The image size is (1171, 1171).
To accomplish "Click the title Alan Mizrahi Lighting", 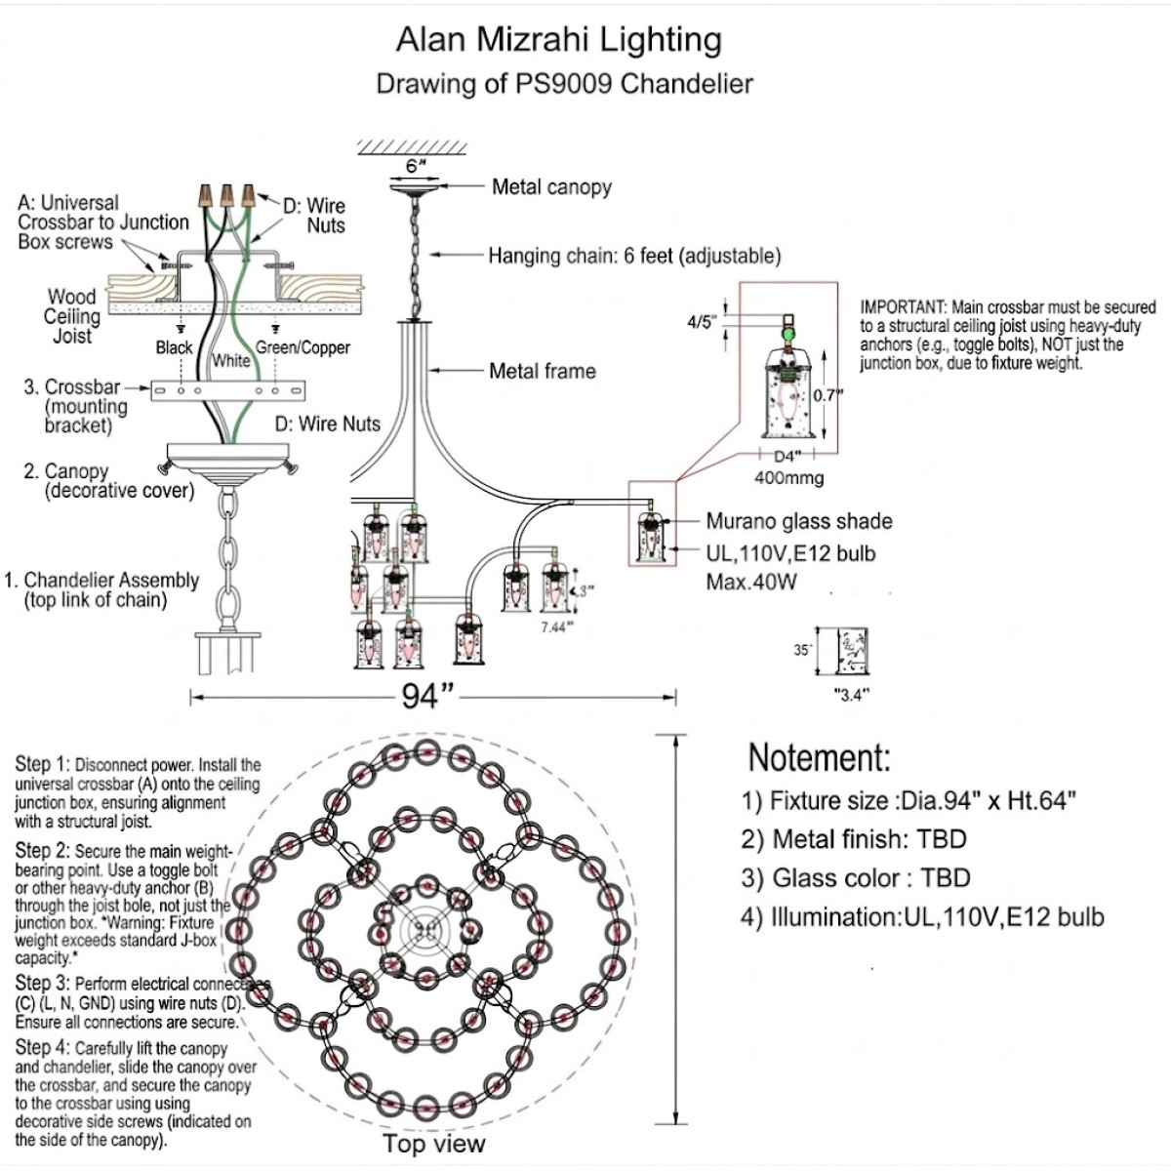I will tap(558, 40).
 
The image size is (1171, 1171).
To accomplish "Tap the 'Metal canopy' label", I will tap(551, 186).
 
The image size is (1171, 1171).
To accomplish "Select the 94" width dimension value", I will tap(428, 696).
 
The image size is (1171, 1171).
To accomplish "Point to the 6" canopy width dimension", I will tap(417, 166).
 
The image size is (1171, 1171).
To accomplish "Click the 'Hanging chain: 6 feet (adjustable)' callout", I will tap(634, 256).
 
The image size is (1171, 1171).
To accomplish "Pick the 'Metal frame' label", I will tap(542, 371).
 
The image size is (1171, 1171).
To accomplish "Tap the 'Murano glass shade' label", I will tap(798, 521).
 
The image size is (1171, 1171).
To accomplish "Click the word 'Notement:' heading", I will tap(819, 758).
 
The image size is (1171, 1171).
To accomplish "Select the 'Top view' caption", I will tap(433, 1144).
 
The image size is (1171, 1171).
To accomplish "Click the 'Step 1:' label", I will tap(42, 764).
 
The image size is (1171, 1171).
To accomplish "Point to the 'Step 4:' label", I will tap(42, 1048).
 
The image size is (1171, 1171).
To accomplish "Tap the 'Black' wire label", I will tap(175, 347).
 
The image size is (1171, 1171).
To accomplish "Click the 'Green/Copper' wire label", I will tap(303, 347).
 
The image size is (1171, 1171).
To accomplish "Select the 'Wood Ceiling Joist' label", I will tap(72, 316).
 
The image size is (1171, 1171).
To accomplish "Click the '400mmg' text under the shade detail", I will tap(788, 478).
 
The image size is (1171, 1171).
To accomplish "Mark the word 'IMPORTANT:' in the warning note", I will tap(903, 307).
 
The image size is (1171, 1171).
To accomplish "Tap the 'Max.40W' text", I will tap(751, 583).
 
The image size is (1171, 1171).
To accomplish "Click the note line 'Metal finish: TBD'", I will tap(853, 839).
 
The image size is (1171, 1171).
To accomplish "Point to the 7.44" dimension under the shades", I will tap(553, 627).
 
